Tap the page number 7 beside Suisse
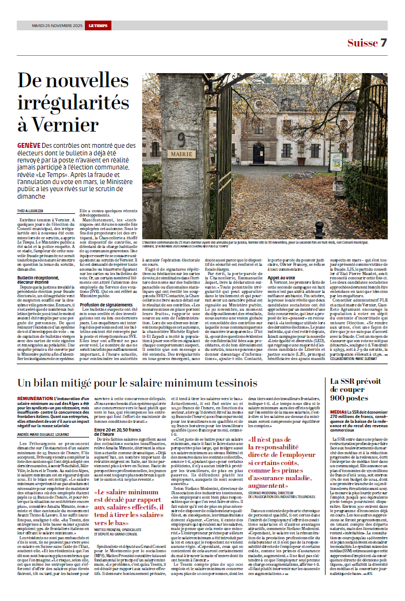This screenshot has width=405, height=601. coord(383,43)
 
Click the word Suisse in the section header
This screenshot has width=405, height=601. coord(362,43)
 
